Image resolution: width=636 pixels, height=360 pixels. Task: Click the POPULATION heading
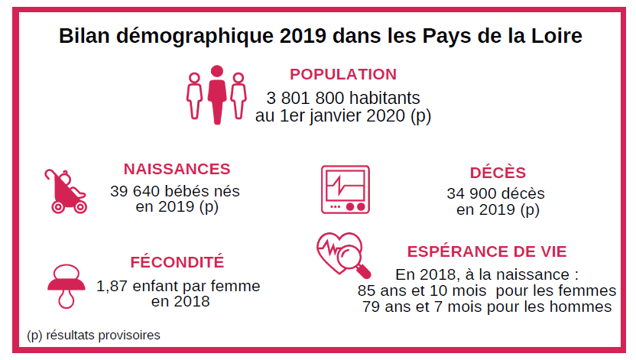click(342, 74)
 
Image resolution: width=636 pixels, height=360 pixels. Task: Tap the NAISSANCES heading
click(177, 169)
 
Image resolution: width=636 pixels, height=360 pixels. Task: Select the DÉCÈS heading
click(498, 173)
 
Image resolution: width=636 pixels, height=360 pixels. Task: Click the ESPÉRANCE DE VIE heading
click(487, 251)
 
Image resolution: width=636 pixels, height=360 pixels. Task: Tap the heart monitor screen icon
click(344, 189)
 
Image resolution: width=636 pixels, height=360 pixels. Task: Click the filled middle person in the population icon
click(217, 94)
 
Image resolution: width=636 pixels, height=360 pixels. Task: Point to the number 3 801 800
click(300, 99)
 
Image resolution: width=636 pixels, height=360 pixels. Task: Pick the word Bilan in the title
click(85, 35)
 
